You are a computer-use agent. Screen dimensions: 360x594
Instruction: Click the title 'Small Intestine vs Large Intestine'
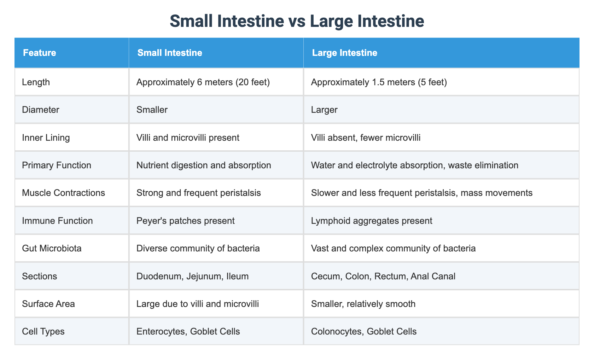[x=297, y=21]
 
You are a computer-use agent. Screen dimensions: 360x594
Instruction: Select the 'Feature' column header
[x=39, y=53]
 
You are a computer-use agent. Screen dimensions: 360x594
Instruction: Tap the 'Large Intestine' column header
[x=344, y=53]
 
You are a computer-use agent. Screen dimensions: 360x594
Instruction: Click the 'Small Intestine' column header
[x=170, y=53]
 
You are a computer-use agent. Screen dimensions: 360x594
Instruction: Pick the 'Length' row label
[x=36, y=82]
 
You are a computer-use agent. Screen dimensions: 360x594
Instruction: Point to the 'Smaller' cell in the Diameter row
[x=152, y=110]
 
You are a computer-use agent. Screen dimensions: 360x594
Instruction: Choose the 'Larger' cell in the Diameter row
[x=324, y=110]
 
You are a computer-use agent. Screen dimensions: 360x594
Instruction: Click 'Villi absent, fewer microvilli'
[x=366, y=138]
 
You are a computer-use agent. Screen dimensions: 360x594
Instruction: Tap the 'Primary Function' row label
[x=56, y=165]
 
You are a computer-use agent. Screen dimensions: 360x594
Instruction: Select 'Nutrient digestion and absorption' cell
[x=203, y=165]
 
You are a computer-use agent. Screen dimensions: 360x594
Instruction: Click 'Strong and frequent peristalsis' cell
[x=198, y=193]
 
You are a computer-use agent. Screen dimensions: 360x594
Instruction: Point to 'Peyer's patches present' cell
[x=185, y=221]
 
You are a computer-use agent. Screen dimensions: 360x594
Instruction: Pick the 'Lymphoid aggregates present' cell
[x=371, y=221]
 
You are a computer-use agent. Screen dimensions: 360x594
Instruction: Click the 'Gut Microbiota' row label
[x=52, y=248]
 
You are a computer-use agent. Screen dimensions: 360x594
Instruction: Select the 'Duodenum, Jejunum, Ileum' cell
[x=192, y=276]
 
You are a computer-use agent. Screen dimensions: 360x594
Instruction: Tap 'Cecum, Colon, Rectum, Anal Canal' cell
[x=383, y=276]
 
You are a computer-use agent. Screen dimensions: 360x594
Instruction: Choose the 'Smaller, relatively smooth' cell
[x=363, y=304]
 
